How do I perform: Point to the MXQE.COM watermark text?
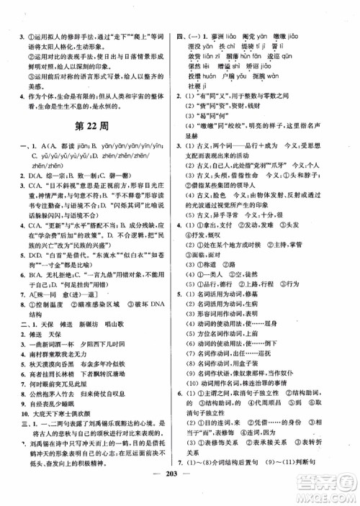[x=333, y=497]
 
